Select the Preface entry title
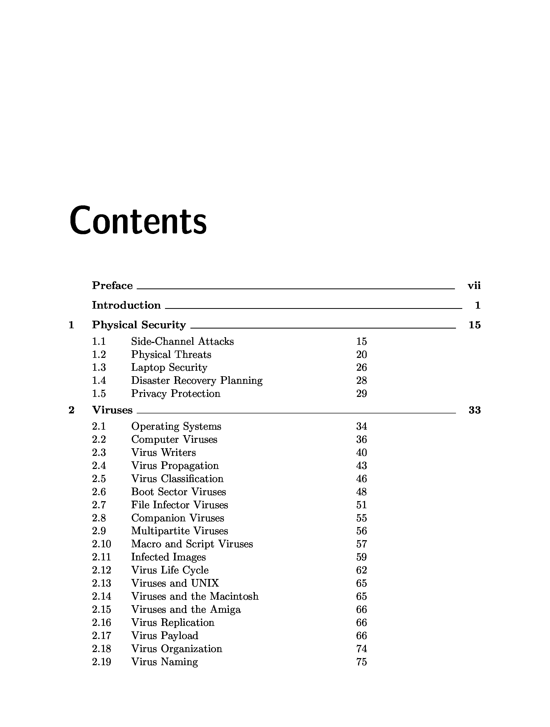tap(112, 285)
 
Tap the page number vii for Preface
tap(474, 286)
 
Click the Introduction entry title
tap(126, 305)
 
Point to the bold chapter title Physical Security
tap(139, 325)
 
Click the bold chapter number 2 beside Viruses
tap(71, 410)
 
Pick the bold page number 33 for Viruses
tap(474, 410)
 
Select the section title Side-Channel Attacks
tap(182, 341)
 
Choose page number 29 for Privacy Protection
tap(361, 393)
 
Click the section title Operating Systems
tap(176, 426)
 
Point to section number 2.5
tap(99, 479)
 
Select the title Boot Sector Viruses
tap(178, 492)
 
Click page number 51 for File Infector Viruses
tap(361, 505)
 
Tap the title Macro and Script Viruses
tap(192, 544)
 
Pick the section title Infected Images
tap(168, 557)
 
